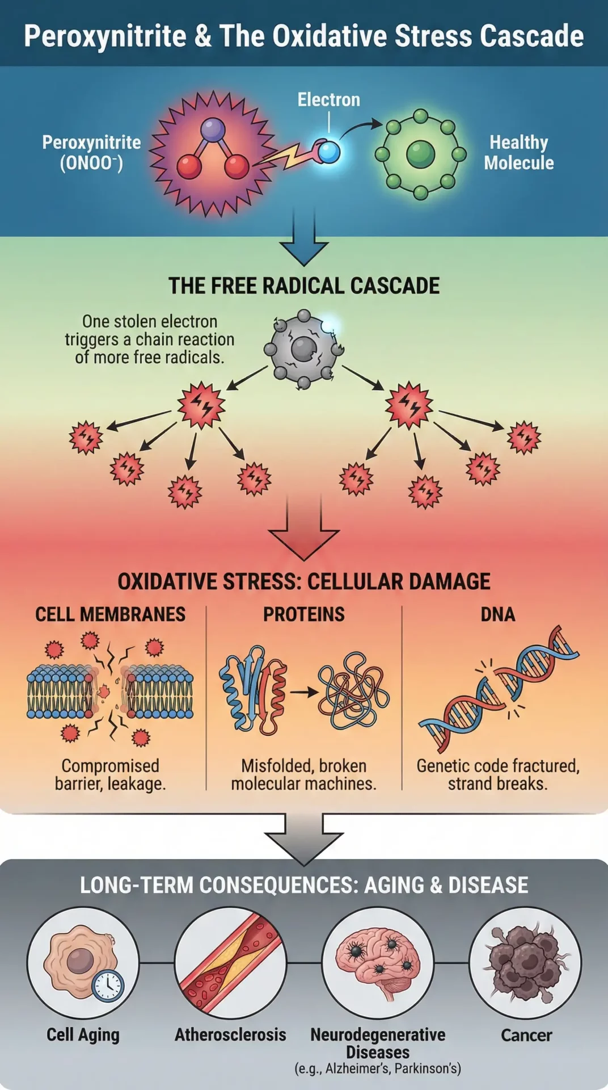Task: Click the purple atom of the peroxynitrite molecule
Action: (213, 130)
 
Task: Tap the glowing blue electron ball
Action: (329, 152)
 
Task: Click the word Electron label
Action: (329, 100)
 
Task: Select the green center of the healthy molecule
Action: (420, 154)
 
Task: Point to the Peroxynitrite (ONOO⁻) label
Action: (91, 152)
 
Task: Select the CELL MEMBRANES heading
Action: (110, 614)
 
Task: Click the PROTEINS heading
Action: (303, 614)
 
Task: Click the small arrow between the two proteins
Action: (303, 692)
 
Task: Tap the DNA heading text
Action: (498, 614)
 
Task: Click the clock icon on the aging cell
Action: (108, 986)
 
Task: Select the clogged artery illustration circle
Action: (230, 963)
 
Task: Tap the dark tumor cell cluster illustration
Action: (525, 963)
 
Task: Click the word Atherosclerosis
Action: (230, 1034)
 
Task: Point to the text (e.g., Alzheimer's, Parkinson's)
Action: (378, 1068)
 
